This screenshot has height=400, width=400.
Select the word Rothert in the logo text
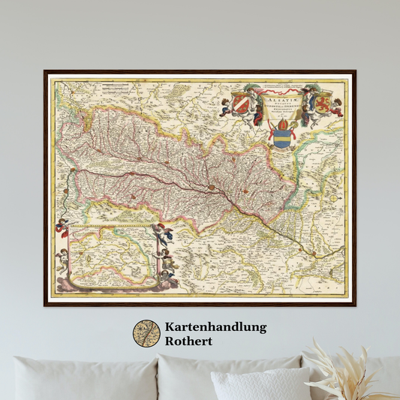(x=191, y=341)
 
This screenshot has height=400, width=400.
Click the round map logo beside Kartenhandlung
(x=146, y=334)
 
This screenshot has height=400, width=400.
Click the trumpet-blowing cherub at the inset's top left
(x=63, y=225)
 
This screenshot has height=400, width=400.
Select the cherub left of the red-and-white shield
(x=225, y=106)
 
